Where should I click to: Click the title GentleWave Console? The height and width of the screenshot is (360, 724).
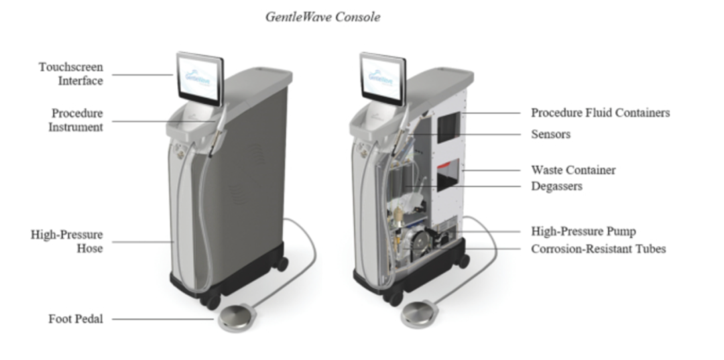point(322,17)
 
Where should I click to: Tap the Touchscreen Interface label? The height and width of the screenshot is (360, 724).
point(70,74)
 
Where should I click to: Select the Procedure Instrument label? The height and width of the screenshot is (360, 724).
point(76,120)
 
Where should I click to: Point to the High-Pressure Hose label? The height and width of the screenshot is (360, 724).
point(67,241)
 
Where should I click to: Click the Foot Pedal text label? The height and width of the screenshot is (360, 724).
point(75,319)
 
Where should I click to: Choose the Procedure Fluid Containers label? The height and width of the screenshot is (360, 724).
point(600,113)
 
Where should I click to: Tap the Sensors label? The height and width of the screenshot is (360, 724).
point(550,134)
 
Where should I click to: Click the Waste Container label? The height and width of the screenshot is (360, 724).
point(573,170)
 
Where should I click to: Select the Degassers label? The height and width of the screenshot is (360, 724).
point(556,186)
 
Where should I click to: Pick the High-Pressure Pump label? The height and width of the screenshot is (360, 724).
point(583,231)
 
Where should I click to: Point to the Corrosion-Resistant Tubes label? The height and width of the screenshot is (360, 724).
point(598,249)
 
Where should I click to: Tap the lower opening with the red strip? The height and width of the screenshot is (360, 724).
point(447,175)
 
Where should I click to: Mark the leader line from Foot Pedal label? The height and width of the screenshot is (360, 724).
point(161,319)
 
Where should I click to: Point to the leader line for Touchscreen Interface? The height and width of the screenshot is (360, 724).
point(141,74)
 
